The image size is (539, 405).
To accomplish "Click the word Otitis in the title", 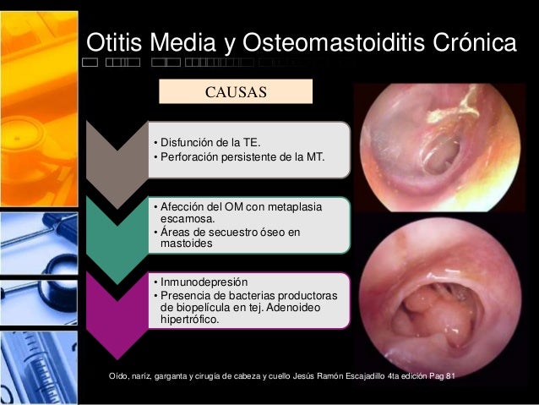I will point(116,42).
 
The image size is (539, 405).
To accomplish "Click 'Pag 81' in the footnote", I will point(438,375).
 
